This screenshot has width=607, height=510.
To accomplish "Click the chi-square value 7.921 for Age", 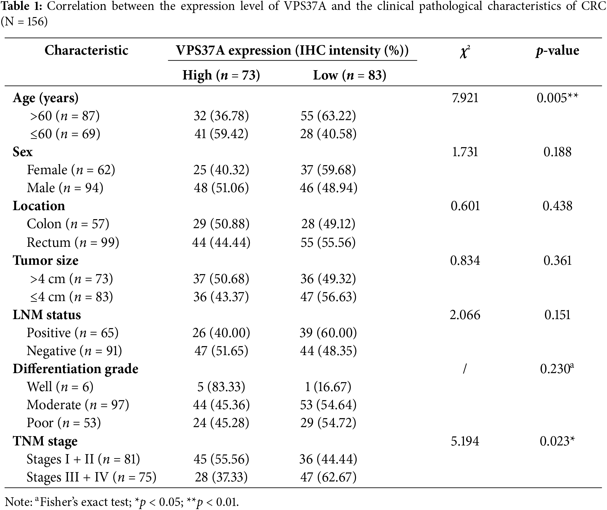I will pos(465,98).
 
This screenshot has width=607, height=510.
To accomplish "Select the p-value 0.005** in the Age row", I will pos(557,98).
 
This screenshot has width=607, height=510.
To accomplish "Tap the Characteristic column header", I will pos(86,50).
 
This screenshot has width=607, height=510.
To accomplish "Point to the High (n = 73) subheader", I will pos(221,75).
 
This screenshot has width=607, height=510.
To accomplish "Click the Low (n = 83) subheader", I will pos(349,75).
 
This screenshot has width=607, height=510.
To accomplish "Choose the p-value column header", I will pos(557,50).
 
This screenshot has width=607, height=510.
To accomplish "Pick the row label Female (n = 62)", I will pos(71,170).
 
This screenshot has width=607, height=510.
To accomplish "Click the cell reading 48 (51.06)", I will pos(221,188).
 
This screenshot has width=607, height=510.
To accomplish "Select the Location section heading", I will pos(39,206).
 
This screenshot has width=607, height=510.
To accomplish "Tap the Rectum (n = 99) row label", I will pos(73,242).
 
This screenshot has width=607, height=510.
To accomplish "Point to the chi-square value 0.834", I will pos(465,260).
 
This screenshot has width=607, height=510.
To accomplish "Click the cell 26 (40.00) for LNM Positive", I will pos(221,333).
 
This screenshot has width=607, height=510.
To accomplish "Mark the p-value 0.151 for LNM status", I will pos(557,315).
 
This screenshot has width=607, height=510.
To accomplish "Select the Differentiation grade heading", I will pos(75,369).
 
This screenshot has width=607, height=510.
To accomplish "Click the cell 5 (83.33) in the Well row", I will pos(221,387).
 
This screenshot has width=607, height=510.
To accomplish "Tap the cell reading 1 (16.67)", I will pos(328,387).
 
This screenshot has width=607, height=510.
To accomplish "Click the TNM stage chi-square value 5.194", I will pos(465,441).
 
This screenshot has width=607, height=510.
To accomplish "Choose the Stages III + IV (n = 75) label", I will pos(91,477).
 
